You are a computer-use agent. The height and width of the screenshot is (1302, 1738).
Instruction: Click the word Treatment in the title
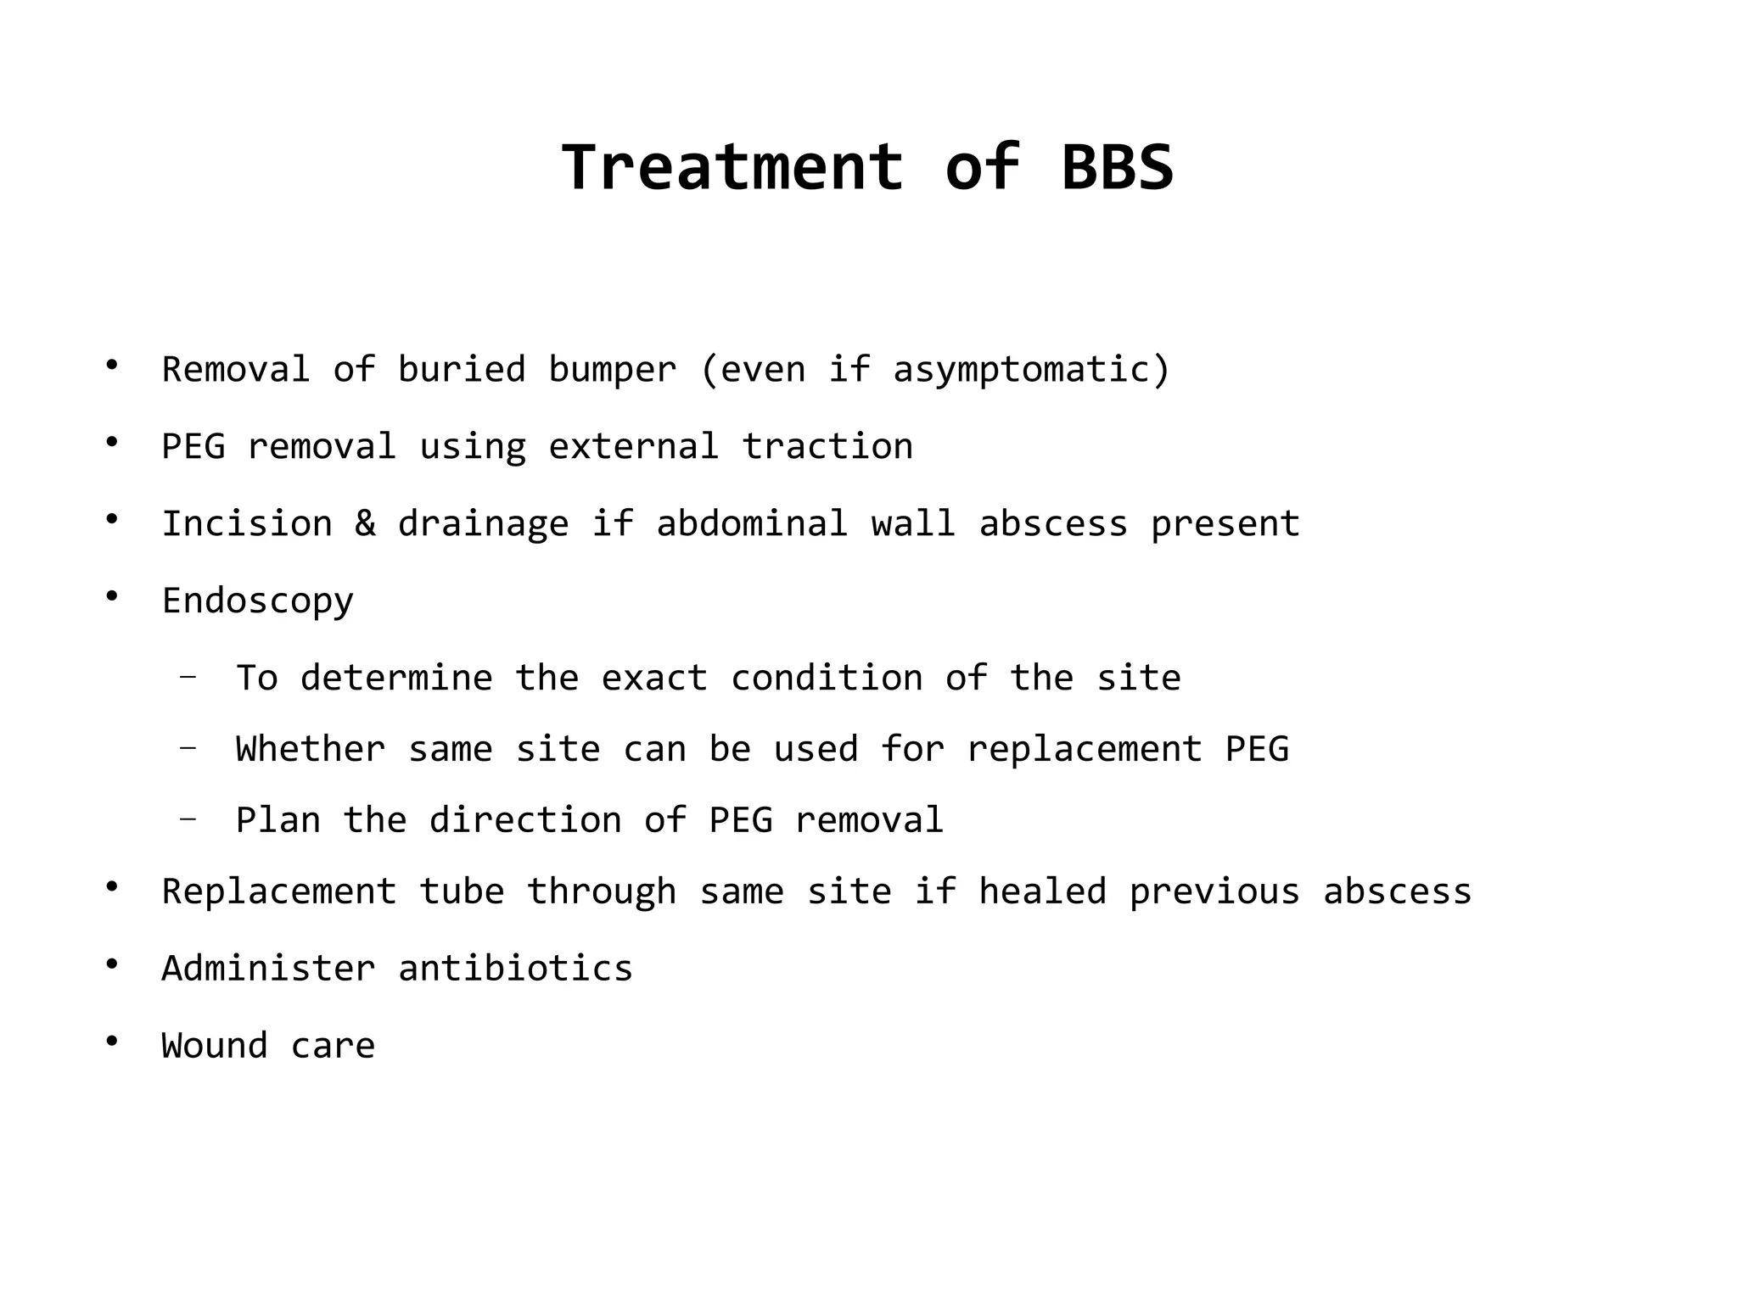[x=732, y=167]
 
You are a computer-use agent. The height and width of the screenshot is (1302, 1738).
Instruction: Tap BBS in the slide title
[x=1117, y=167]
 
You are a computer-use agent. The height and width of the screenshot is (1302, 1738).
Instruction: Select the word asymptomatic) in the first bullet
[x=1031, y=370]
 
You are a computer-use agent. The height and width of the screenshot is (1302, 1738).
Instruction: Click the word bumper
[x=612, y=370]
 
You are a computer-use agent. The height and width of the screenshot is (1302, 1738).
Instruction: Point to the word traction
[x=827, y=447]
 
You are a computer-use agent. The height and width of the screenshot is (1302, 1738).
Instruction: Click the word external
[x=633, y=447]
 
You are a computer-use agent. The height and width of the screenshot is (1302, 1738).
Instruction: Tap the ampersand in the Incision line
[x=365, y=523]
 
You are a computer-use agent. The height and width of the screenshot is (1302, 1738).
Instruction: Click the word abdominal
[x=752, y=523]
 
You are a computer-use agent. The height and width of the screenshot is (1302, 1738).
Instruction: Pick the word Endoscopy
[x=257, y=601]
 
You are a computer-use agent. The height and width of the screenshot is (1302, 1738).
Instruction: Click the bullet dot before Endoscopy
[x=111, y=596]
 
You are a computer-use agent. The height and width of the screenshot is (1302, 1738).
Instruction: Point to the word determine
[x=396, y=678]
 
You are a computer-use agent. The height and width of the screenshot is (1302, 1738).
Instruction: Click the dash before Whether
[x=188, y=748]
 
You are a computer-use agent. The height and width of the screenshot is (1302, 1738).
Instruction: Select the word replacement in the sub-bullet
[x=1085, y=750]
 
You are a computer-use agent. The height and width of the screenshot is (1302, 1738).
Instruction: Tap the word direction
[x=525, y=820]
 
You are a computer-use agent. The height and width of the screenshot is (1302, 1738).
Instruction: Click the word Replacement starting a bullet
[x=279, y=892]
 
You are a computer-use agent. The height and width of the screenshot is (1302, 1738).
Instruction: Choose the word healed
[x=1042, y=891]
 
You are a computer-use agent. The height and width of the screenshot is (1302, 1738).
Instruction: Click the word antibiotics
[x=515, y=969]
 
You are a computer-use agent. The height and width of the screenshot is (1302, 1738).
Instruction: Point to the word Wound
[x=215, y=1046]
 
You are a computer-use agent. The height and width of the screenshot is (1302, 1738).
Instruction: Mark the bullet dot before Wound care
[x=111, y=1041]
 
